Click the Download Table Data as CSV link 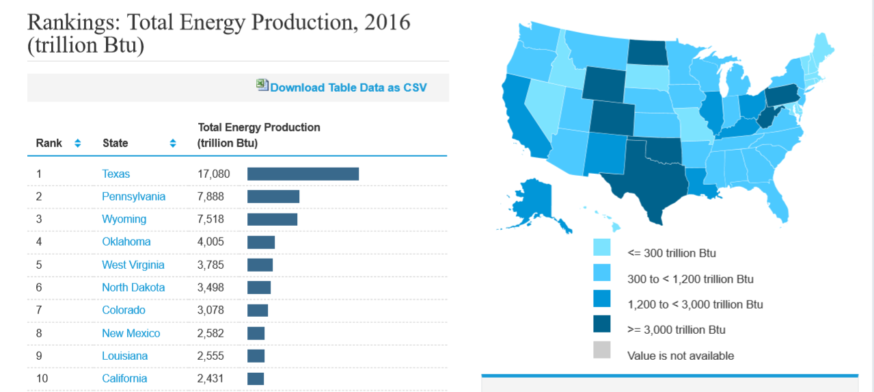(x=348, y=87)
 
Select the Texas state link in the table (x=115, y=174)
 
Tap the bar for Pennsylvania (x=273, y=196)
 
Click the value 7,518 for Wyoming (x=210, y=219)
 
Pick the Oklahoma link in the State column (x=126, y=241)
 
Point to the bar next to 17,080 (x=303, y=174)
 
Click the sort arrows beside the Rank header (x=77, y=143)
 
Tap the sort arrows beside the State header (x=173, y=143)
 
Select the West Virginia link (x=133, y=265)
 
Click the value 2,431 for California (x=210, y=378)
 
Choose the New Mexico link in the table (x=131, y=333)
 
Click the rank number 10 (x=42, y=378)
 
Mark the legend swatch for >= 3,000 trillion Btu (x=602, y=324)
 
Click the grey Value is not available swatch (x=602, y=350)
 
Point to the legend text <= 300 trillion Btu (x=672, y=253)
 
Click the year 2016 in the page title (x=387, y=22)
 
